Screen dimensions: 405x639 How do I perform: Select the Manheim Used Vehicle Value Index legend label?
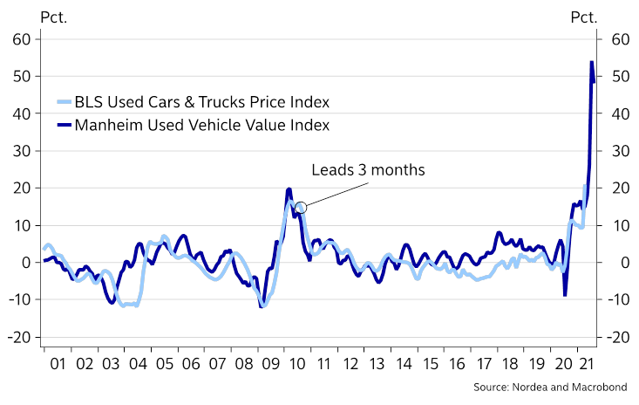[202, 125]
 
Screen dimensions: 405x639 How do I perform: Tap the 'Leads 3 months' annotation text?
[368, 170]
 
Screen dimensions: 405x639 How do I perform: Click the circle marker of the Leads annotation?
[301, 208]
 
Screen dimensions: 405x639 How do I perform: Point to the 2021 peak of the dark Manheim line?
[592, 62]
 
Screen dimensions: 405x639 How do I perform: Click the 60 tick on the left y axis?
[22, 39]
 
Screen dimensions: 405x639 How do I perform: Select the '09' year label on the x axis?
[271, 364]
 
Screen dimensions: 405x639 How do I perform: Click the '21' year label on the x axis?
[588, 364]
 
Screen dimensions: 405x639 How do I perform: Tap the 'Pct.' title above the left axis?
[27, 16]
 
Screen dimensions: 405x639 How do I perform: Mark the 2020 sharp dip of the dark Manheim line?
[565, 295]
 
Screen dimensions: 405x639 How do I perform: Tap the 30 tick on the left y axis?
[22, 151]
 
